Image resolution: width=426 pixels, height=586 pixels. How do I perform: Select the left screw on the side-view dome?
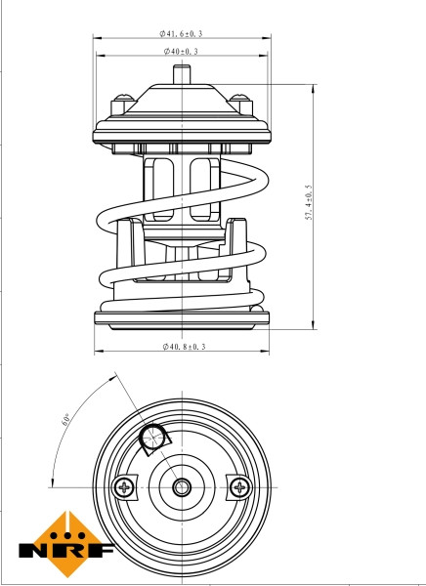[123, 100]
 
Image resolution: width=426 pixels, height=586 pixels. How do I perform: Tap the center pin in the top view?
[181, 485]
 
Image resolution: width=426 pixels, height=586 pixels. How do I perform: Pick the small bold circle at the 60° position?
[152, 440]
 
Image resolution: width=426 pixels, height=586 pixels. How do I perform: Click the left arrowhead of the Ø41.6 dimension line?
[97, 38]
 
